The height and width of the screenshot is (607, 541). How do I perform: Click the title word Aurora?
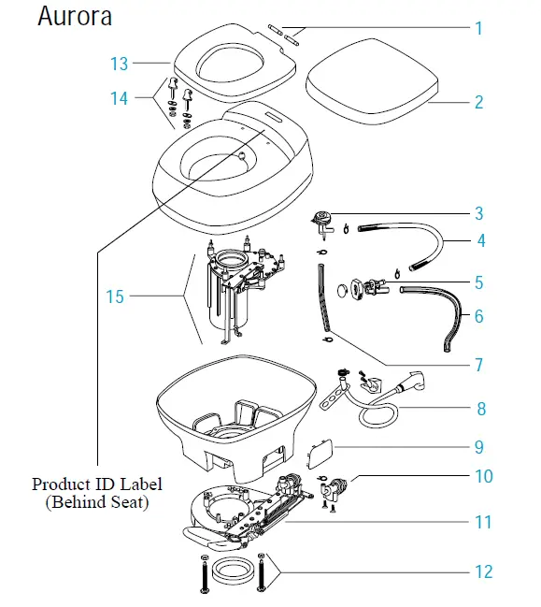click(x=75, y=17)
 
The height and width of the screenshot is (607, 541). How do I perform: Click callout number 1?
click(x=478, y=28)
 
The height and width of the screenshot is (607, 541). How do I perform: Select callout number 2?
click(x=478, y=102)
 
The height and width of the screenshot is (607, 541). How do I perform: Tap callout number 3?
click(x=479, y=213)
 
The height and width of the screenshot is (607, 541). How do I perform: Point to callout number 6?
click(x=479, y=316)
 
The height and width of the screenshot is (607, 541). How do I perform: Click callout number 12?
click(x=482, y=571)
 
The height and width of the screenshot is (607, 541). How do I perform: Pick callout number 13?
click(x=119, y=64)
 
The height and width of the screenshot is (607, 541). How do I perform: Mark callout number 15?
click(x=114, y=297)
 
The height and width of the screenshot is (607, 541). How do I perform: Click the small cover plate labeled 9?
click(x=320, y=456)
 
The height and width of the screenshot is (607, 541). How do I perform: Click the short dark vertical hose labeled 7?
click(x=324, y=299)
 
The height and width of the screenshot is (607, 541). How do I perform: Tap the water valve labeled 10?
click(x=336, y=486)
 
